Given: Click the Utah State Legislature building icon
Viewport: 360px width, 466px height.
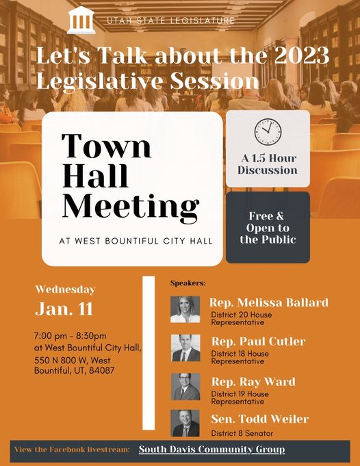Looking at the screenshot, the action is [x=82, y=21].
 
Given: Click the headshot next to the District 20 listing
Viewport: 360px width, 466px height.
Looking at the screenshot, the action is [x=185, y=309].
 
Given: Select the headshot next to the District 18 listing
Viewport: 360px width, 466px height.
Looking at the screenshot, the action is [x=185, y=348].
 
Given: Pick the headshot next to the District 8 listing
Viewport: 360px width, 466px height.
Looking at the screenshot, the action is [x=185, y=424].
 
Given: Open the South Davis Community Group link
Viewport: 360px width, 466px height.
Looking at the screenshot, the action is [x=211, y=450].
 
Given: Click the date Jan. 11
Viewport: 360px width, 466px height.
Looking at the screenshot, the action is [x=64, y=309].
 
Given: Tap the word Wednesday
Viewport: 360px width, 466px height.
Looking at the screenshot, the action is [x=65, y=289].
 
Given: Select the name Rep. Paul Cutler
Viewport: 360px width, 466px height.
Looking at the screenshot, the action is [x=257, y=341].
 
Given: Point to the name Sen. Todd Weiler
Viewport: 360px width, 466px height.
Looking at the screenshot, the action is [x=259, y=419].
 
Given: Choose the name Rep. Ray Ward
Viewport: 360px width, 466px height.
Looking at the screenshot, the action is [x=253, y=380].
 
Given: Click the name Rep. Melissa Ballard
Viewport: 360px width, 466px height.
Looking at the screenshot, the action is [x=269, y=302].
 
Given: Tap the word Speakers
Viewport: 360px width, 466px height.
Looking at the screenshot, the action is [x=188, y=283].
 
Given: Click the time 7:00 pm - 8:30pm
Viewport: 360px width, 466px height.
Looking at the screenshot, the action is [x=70, y=336].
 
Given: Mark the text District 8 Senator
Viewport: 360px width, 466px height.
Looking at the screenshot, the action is [x=242, y=433].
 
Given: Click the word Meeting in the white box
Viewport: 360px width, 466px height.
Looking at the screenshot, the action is [x=131, y=206].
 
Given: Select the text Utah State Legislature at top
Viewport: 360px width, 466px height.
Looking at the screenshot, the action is [x=170, y=21].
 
